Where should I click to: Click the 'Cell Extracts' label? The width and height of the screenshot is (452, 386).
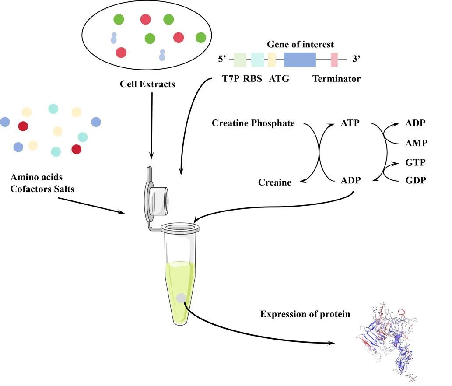147,84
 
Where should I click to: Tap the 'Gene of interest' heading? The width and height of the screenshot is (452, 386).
300,44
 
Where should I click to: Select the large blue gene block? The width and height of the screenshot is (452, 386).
300,60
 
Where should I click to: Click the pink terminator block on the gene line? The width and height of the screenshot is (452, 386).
334,60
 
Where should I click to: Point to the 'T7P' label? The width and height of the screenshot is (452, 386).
231,79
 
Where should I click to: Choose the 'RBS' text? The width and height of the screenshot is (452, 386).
252,79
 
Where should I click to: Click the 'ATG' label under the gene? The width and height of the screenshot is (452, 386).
279,79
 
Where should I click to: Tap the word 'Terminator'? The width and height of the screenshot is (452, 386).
336,79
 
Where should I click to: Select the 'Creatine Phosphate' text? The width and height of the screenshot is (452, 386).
253,123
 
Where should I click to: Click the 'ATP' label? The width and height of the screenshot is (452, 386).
350,123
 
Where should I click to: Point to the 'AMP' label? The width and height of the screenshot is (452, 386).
416,143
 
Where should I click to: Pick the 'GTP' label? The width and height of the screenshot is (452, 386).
415,163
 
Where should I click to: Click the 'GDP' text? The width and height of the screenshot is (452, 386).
416,180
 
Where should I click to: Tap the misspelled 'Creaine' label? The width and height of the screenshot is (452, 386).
275,182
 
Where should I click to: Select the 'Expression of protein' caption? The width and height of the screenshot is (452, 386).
305,314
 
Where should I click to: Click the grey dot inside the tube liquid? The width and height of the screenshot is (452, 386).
181,298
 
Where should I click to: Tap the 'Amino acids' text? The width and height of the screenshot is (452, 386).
36,177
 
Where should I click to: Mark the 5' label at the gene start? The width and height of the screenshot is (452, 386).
222,59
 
